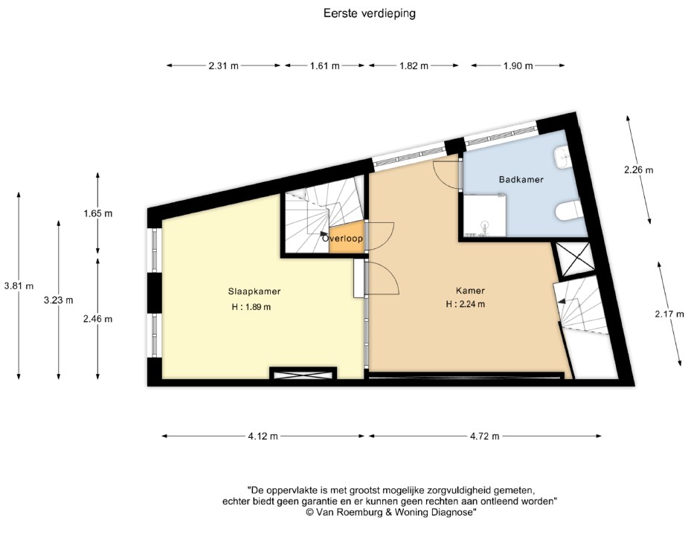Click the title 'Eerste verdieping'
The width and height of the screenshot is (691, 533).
(x=368, y=13)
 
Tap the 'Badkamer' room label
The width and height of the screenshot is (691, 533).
(x=521, y=180)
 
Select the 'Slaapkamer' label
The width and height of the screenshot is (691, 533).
(x=254, y=291)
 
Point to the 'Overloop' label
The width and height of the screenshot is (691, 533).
(x=343, y=239)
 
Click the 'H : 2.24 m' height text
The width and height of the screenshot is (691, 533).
(x=466, y=304)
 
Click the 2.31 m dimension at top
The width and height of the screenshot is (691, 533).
(x=224, y=65)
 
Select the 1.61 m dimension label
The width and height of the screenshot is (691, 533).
(x=324, y=65)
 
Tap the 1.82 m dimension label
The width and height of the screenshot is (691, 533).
(x=414, y=65)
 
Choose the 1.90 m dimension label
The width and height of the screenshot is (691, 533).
(x=518, y=65)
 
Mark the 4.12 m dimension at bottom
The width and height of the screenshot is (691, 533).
(x=263, y=436)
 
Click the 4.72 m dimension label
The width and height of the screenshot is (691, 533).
(x=485, y=436)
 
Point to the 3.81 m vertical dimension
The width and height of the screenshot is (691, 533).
(x=19, y=285)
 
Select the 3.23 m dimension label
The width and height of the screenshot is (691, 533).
(x=59, y=300)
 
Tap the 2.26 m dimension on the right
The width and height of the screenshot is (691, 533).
(x=638, y=169)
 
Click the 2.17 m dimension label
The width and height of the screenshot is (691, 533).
(x=669, y=314)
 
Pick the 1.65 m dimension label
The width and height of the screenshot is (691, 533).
(x=97, y=213)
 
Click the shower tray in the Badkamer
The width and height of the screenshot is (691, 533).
(x=485, y=216)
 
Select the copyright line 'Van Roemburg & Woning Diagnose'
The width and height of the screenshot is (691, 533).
(x=391, y=512)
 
